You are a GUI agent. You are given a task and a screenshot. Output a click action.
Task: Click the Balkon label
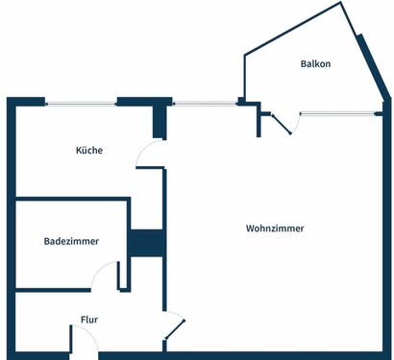coord(315,64)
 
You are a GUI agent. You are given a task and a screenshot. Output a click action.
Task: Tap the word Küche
coord(89,150)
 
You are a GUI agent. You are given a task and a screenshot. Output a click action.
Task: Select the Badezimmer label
coord(71,242)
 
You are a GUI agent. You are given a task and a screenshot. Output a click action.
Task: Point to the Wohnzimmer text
coord(275,228)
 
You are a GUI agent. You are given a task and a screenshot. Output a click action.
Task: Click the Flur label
coord(88,319)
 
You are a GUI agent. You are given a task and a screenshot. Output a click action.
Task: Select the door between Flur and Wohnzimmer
coord(174,326)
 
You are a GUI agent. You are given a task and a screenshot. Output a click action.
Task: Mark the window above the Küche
coord(81,103)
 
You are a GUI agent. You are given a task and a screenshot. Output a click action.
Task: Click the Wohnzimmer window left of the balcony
coord(205,103)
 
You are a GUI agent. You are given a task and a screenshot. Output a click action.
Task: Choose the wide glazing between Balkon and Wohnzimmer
coord(336,113)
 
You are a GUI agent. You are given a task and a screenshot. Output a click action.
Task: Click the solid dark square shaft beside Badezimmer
coord(146,243)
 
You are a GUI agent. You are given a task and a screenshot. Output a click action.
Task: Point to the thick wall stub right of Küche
coord(160,120)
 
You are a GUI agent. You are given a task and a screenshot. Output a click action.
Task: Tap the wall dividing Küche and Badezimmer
coord(72,200)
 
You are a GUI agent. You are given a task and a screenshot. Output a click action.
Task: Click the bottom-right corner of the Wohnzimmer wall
coord(389,355)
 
